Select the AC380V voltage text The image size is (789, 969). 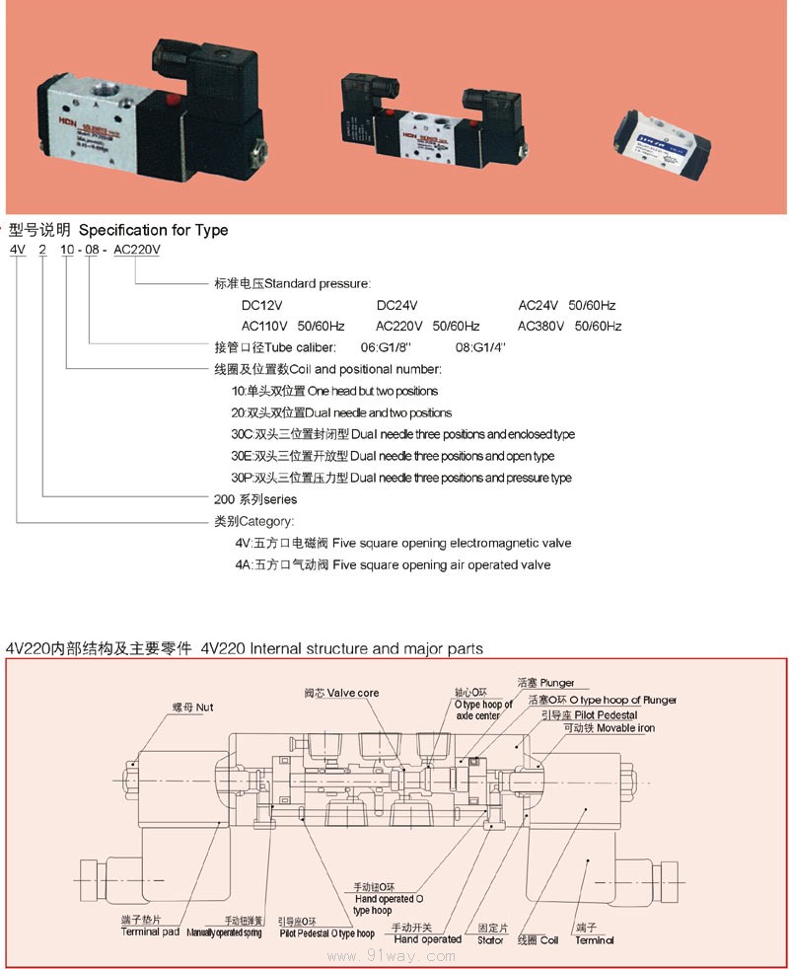pos(540,326)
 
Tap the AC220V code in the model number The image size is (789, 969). pos(136,250)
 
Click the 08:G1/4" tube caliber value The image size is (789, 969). pos(479,347)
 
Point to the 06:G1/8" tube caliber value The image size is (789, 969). pos(385,347)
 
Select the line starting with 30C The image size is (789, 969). pos(402,434)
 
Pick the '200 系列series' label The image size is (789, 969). pos(255,499)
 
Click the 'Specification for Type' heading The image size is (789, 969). pos(153,230)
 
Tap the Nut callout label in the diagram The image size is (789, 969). pos(191,708)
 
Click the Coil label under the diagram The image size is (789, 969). pos(538,940)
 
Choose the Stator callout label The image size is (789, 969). pos(491,934)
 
